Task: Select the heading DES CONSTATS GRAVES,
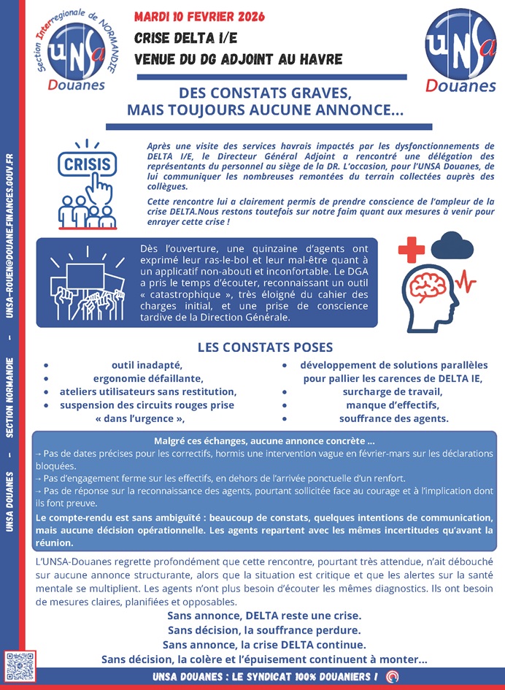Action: [x=264, y=94]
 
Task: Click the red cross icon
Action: [x=411, y=250]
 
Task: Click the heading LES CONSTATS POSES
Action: [x=265, y=348]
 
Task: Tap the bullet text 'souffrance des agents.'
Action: [x=394, y=418]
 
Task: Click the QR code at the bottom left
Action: [x=20, y=665]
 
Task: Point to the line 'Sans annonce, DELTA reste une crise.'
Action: [x=264, y=616]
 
